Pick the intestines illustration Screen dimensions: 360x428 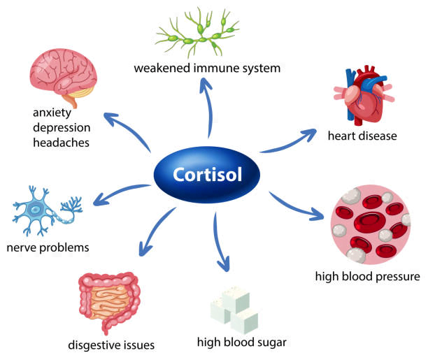110,300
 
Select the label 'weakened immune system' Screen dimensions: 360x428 208,69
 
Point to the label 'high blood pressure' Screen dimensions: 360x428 368,277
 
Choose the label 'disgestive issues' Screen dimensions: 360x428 111,345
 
